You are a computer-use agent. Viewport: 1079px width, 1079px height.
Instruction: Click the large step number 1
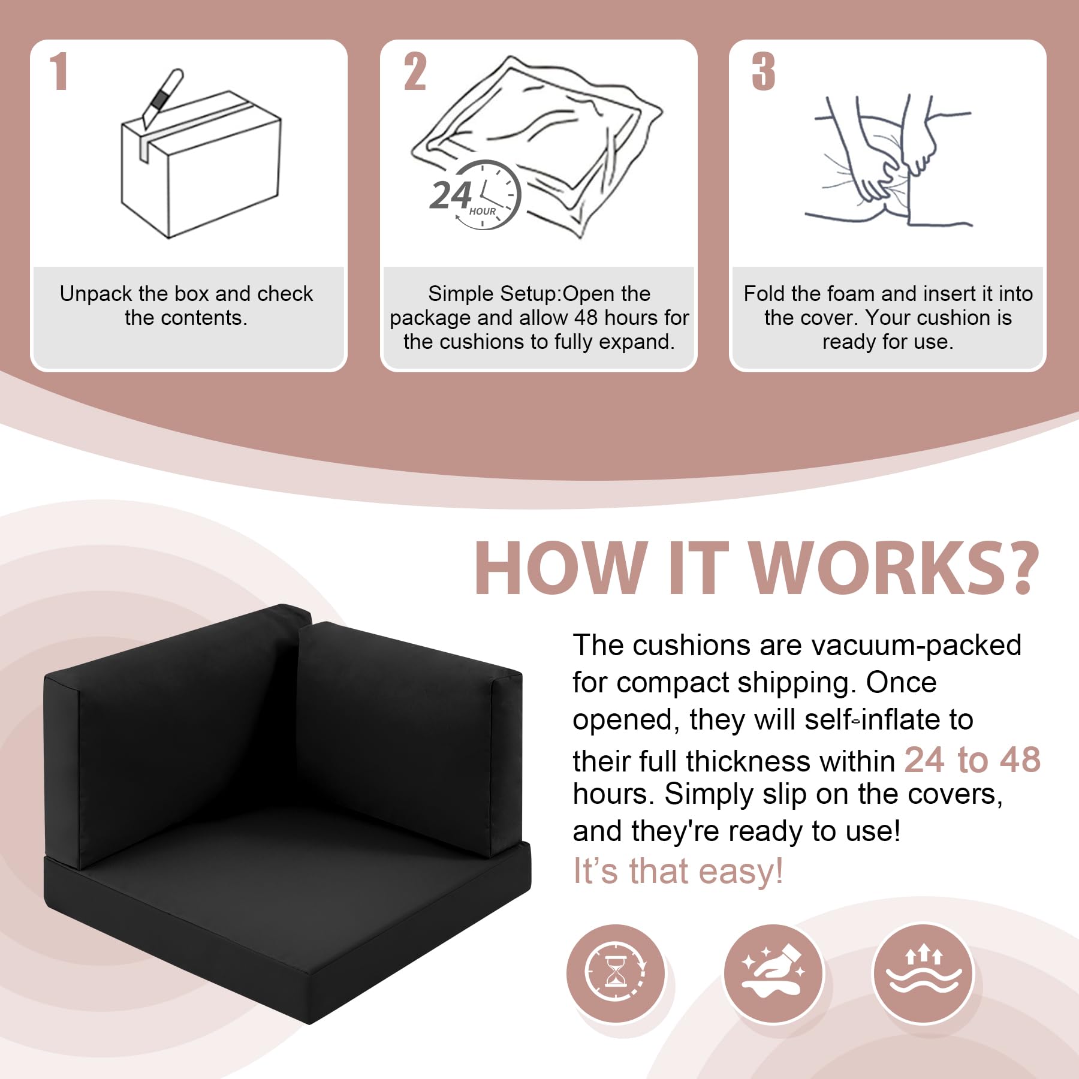[59, 71]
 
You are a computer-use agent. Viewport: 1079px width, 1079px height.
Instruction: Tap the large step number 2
[415, 71]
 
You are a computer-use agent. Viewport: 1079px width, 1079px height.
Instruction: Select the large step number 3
[764, 71]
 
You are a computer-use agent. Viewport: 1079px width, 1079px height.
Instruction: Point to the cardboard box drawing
[201, 165]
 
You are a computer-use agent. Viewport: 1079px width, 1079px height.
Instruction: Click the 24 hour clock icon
[475, 195]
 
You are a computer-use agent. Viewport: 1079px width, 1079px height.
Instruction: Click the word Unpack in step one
[96, 294]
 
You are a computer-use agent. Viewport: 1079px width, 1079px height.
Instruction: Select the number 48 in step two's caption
[587, 318]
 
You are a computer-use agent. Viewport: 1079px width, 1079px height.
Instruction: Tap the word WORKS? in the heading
[893, 568]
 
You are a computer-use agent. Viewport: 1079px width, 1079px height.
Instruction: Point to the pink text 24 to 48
[972, 760]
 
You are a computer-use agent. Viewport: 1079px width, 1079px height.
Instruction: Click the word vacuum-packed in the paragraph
[916, 646]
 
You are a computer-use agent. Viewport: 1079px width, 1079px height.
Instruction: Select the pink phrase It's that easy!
[677, 871]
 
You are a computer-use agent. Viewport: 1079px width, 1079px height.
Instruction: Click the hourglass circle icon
[616, 972]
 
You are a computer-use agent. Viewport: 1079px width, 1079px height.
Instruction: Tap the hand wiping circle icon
[773, 972]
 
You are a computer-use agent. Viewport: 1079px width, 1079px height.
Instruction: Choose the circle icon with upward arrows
[923, 972]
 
